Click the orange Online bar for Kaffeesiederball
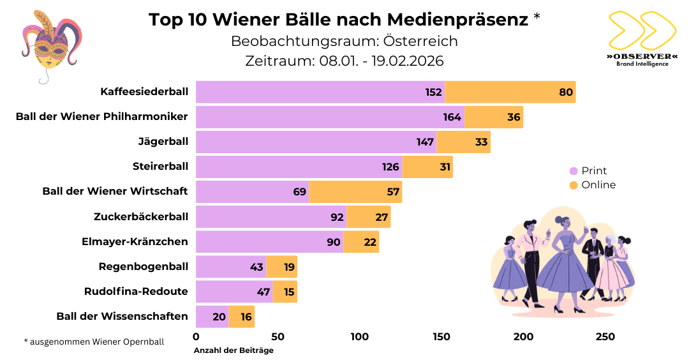[510, 92]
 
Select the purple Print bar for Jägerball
[316, 142]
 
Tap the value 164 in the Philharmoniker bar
[452, 117]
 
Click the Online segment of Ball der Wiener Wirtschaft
[355, 191]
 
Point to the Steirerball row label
[160, 167]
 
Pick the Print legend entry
[588, 170]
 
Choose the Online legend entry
[593, 185]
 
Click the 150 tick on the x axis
[441, 337]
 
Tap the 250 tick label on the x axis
[605, 337]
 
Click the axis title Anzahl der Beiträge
[233, 350]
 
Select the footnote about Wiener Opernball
[94, 341]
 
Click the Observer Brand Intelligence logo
[641, 39]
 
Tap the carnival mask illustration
[51, 45]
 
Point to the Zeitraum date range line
[344, 61]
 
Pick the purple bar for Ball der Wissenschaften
[212, 316]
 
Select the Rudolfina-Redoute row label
[136, 291]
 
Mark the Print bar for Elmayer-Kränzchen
[269, 241]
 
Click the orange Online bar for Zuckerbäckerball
[368, 216]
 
